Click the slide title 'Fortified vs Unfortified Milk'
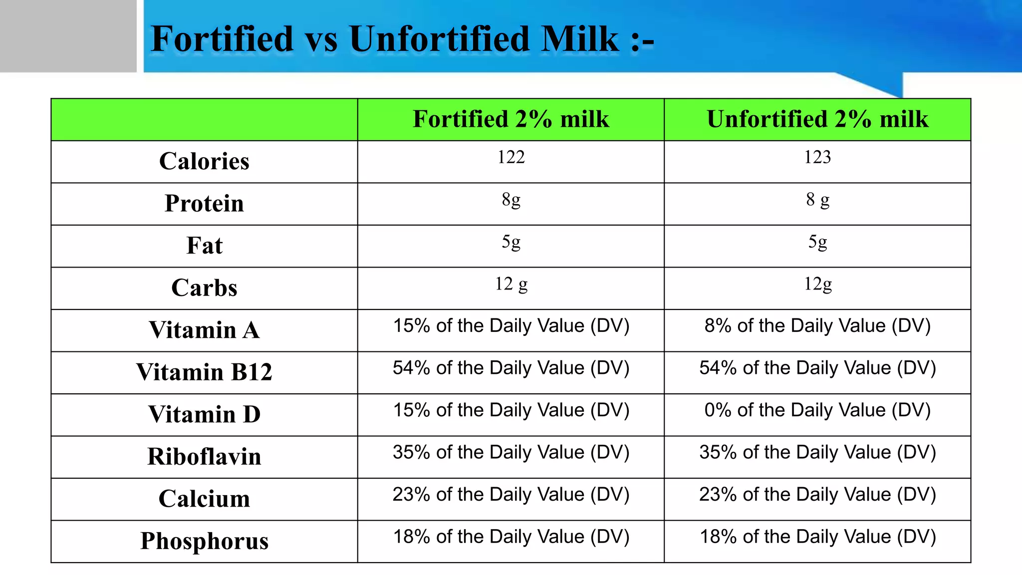[402, 39]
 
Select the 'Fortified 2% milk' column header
[511, 119]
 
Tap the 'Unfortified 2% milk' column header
[817, 119]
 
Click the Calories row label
[204, 161]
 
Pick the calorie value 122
[511, 157]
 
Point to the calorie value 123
[817, 157]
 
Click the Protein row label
[204, 204]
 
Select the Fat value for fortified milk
[511, 242]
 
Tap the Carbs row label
[204, 288]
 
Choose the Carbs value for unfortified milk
[817, 284]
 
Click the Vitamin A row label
[204, 330]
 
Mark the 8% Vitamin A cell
[817, 326]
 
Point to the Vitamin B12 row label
[204, 372]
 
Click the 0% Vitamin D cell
[817, 410]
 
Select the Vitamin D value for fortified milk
[511, 410]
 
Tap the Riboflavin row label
[204, 457]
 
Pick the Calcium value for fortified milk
[511, 495]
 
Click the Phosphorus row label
[204, 541]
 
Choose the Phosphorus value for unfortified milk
[817, 537]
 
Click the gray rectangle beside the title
[68, 36]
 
